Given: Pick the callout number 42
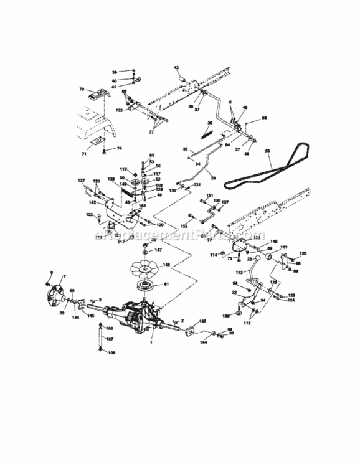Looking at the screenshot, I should (x=176, y=67).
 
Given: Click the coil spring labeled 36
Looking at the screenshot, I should (x=204, y=131).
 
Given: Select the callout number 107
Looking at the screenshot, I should (x=110, y=339).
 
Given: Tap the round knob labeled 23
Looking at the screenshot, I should (x=254, y=258).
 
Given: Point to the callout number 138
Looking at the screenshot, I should (x=226, y=317).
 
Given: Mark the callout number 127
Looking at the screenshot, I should (x=81, y=181).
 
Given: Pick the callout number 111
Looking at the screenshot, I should (x=284, y=248).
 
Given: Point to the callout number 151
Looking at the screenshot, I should (x=209, y=196).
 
